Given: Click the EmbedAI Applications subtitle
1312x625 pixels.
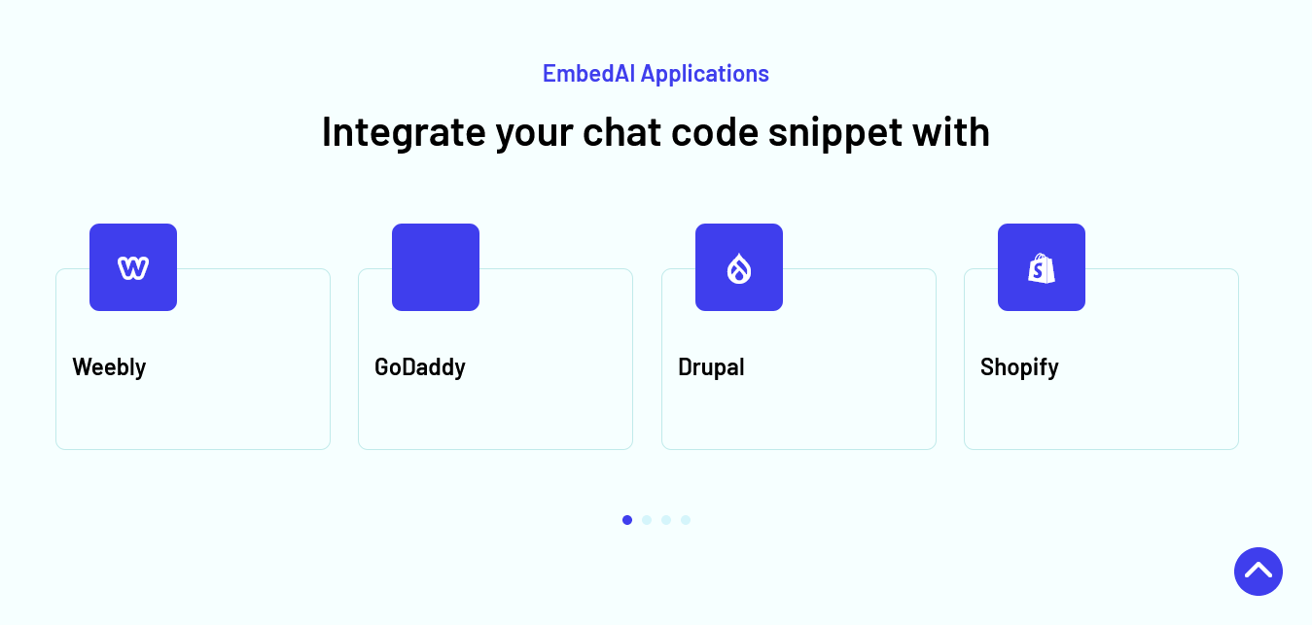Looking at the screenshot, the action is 656,74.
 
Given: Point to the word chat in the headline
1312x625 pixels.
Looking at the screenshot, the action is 621,131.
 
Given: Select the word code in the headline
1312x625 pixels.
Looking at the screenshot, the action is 715,131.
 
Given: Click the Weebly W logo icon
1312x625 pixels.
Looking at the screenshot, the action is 133,268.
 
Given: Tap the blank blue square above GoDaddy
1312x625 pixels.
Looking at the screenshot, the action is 436,267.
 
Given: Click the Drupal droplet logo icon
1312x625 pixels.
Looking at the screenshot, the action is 739,268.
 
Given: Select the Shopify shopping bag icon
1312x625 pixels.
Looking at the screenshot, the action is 1042,268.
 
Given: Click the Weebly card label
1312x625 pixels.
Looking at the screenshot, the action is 109,367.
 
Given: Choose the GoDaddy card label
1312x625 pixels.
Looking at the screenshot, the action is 420,367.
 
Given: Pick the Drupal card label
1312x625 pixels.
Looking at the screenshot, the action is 711,367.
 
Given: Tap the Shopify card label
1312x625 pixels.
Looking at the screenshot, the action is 1019,367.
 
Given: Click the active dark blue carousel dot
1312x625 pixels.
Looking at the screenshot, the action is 627,520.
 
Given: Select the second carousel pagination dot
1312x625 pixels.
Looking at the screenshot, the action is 647,520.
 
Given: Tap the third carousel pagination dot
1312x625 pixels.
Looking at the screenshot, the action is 666,520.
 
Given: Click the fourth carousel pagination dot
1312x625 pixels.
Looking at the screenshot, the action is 686,520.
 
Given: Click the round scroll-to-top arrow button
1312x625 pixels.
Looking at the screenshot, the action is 1259,572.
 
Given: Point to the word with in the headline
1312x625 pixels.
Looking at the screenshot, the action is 951,131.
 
